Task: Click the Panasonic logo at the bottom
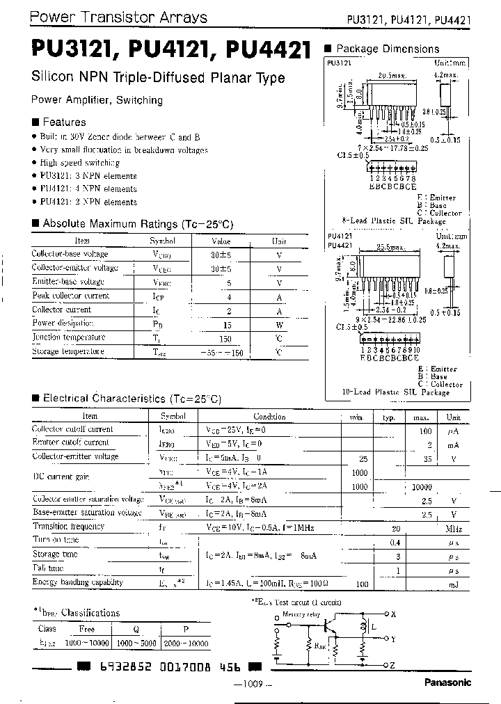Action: click(x=447, y=682)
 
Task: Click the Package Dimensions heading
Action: click(x=387, y=49)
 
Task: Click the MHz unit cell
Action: click(x=453, y=528)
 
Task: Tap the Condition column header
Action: click(x=269, y=417)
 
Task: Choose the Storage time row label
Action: click(x=56, y=554)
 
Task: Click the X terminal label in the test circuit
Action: click(x=393, y=614)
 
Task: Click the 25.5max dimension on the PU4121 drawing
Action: click(x=390, y=247)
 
